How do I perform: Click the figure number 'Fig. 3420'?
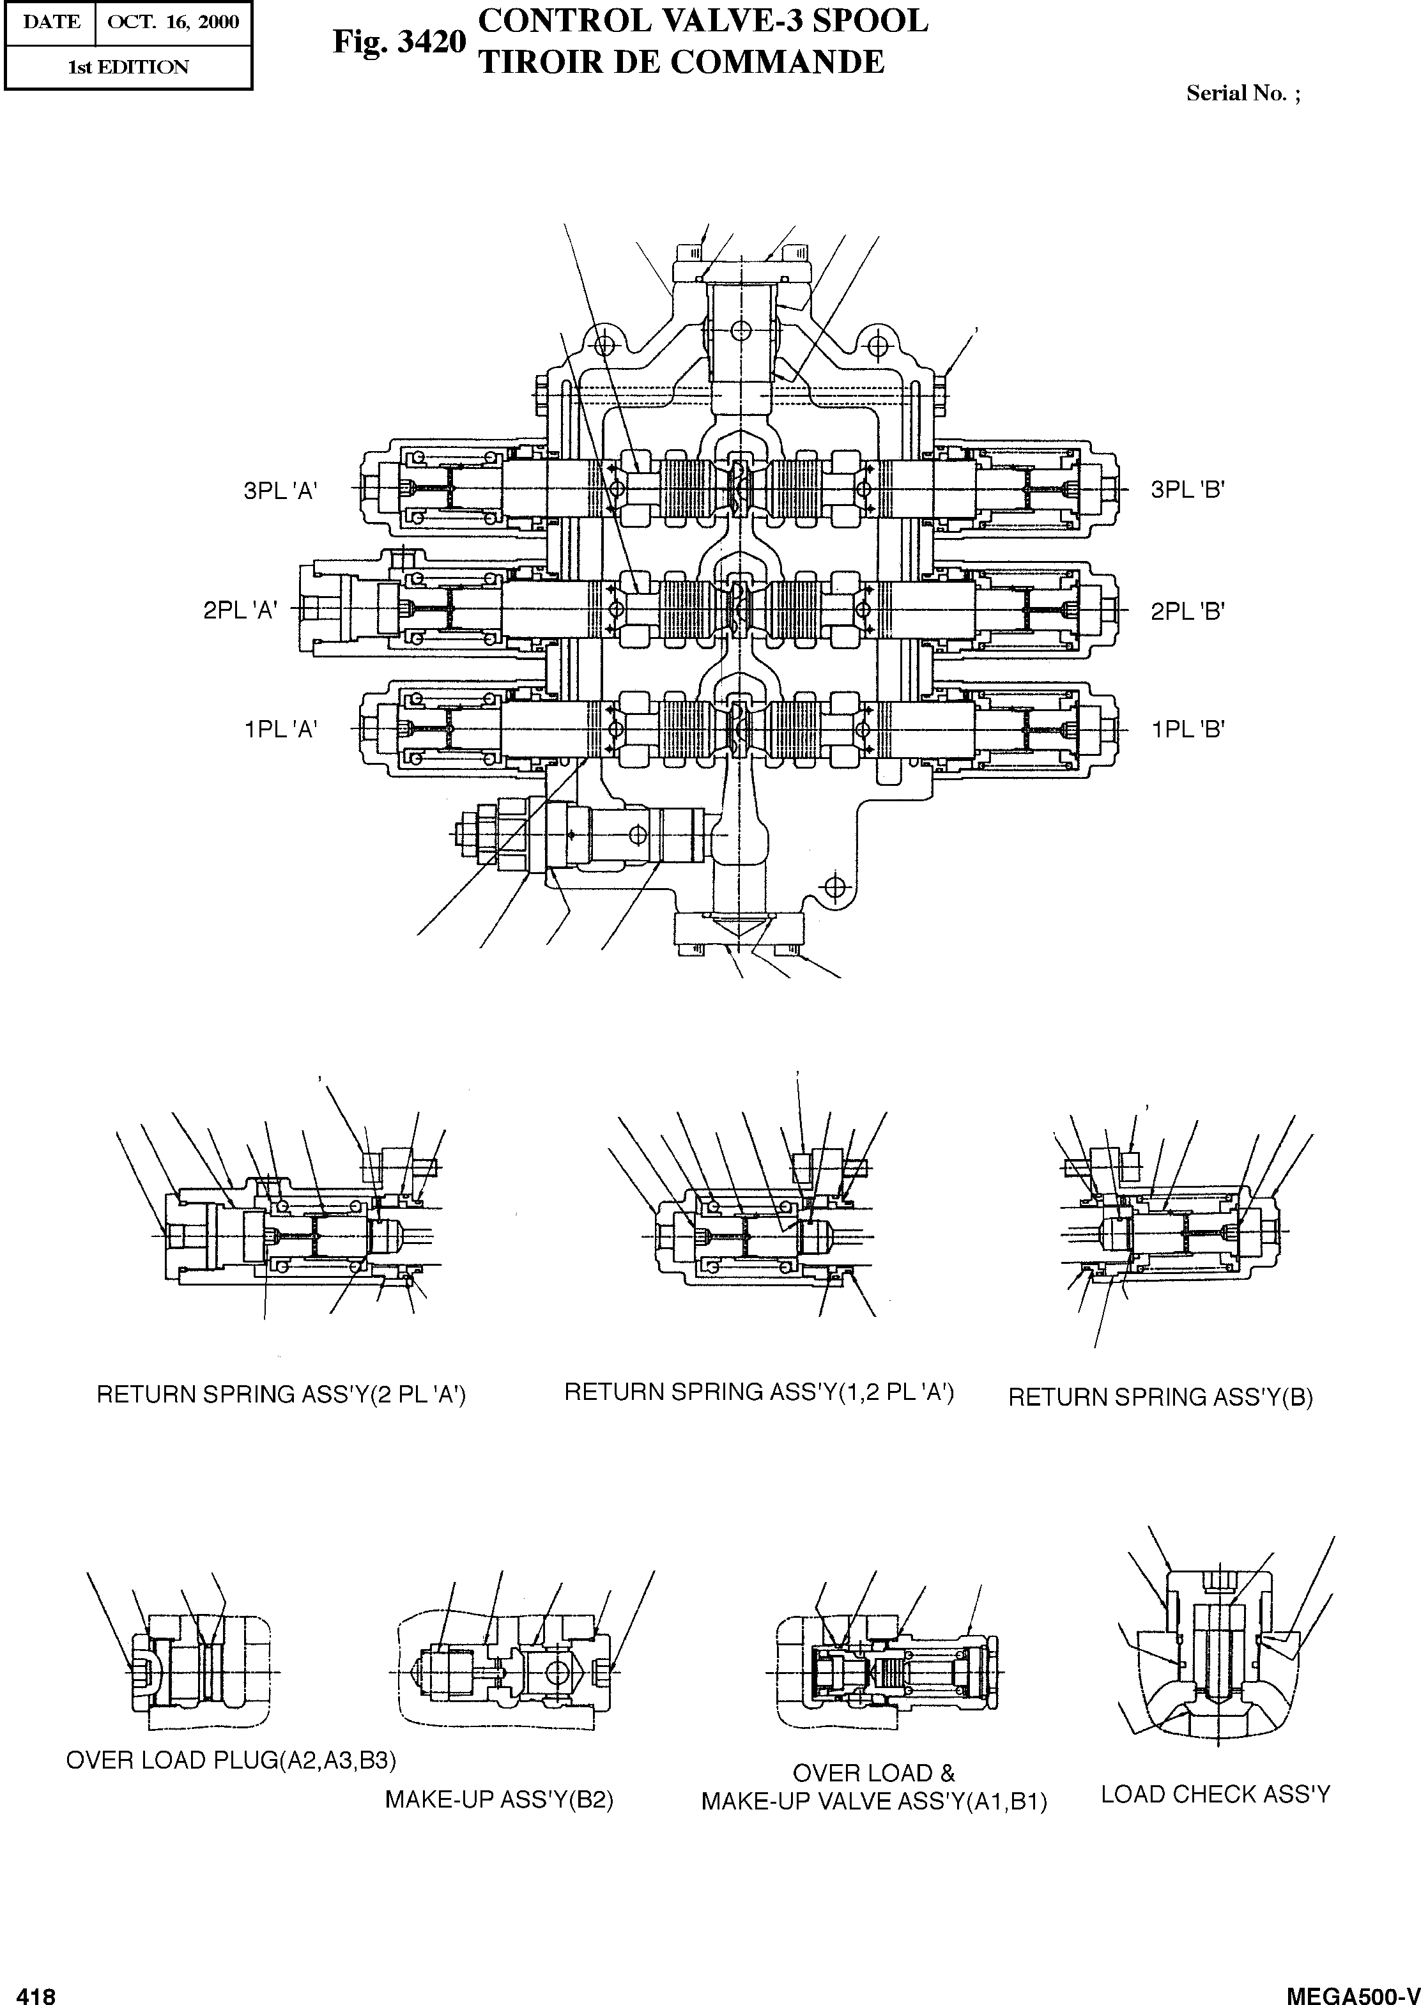pos(399,43)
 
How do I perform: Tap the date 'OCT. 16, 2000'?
pos(173,22)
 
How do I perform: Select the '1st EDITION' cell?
pos(128,67)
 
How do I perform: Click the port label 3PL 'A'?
pos(280,491)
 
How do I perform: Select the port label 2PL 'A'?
pos(241,611)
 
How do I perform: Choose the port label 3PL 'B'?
pos(1187,490)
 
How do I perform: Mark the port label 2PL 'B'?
pos(1187,611)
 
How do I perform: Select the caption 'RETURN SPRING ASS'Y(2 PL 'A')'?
pos(281,1394)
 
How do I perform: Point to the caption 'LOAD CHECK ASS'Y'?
pos(1215,1794)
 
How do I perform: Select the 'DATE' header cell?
pos(50,22)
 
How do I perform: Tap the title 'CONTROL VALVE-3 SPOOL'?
pos(703,21)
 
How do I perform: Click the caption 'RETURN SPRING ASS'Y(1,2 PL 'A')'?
pos(758,1392)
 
